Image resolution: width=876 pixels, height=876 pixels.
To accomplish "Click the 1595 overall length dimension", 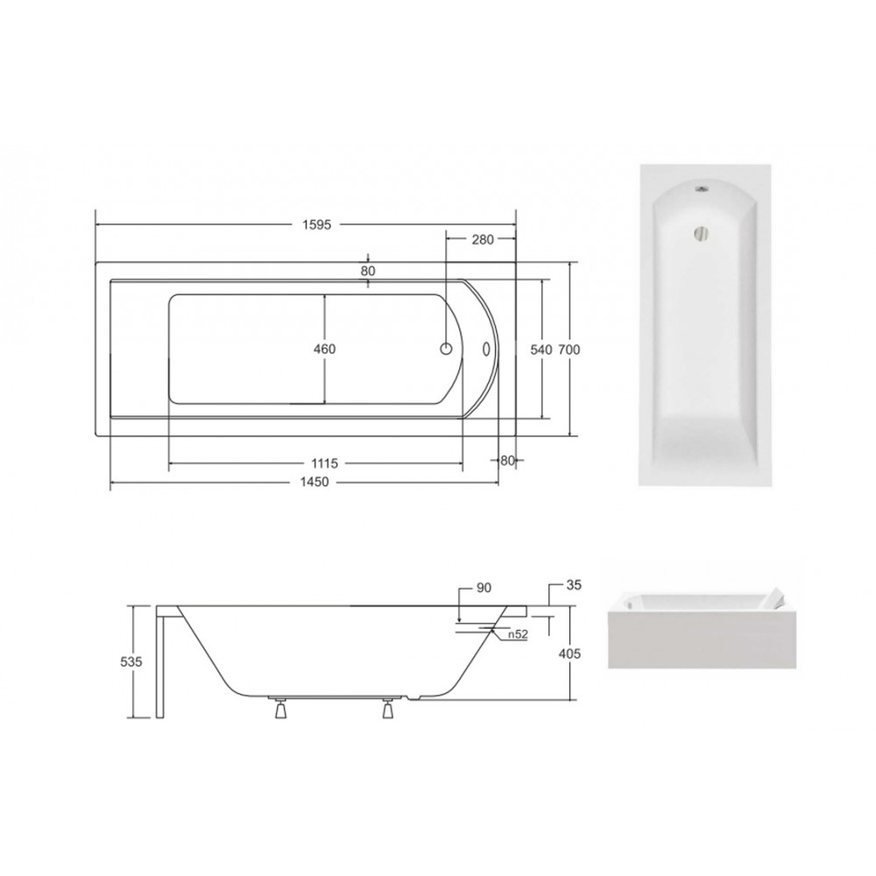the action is (x=317, y=224).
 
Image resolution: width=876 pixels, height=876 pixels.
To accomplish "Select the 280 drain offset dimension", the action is (x=483, y=240).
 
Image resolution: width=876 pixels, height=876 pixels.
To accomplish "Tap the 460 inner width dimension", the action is (x=325, y=350).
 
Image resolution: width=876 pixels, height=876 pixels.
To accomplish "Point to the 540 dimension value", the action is (x=540, y=350).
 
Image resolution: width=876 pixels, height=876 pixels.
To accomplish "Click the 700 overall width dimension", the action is (x=569, y=350).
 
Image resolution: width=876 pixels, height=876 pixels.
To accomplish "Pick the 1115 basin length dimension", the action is (x=325, y=463).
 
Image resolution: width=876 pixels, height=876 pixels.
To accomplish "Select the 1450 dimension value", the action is (x=314, y=482).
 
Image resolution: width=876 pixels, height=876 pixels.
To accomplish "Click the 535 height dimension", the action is (x=131, y=661).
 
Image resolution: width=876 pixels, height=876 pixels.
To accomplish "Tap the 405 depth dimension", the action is (x=570, y=653).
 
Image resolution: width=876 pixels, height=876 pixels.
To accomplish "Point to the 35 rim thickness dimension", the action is (x=575, y=585).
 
